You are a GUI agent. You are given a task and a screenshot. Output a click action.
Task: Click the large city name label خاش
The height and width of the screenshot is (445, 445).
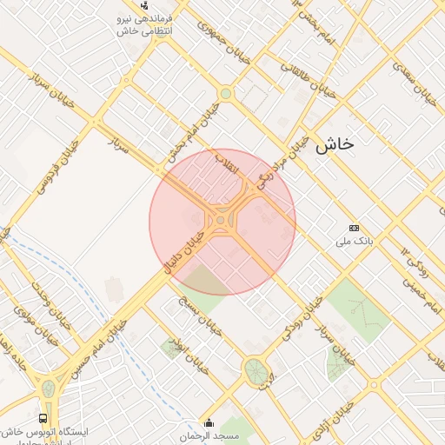(335, 145)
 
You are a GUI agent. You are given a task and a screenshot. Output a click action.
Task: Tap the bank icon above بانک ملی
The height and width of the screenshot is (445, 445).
(354, 228)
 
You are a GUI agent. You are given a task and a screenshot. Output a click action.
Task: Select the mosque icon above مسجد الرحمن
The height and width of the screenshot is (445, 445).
(207, 424)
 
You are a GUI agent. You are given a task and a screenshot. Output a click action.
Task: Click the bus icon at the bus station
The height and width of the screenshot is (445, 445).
(43, 417)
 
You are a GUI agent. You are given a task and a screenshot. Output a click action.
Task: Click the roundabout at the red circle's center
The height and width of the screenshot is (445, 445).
(222, 221)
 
